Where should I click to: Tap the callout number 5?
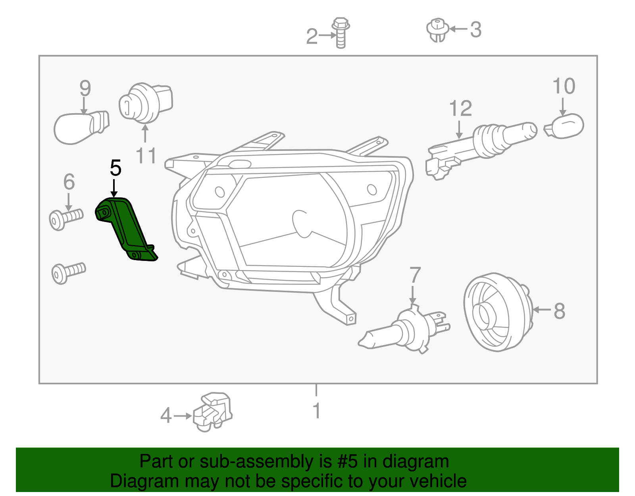(115, 168)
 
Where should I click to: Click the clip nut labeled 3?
(437, 30)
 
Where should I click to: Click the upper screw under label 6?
(66, 218)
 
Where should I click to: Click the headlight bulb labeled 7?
(405, 330)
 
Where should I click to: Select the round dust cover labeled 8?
(496, 312)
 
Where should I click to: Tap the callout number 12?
(460, 108)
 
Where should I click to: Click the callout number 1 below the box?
(316, 411)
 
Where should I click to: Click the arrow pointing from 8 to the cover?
(542, 309)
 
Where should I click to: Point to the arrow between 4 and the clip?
(183, 416)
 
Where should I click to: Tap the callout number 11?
(146, 156)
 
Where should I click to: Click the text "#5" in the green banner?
(348, 462)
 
